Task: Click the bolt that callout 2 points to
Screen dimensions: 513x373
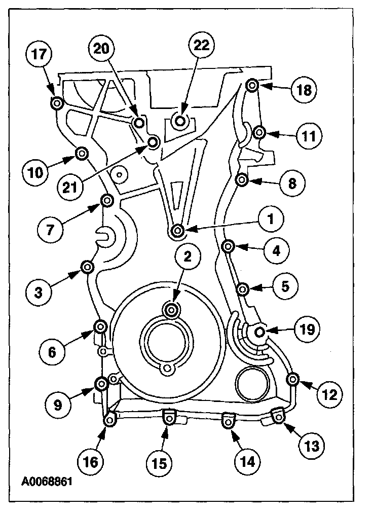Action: point(172,309)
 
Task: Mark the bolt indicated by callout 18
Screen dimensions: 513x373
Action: point(252,85)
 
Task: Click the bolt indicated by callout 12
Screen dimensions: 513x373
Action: point(292,379)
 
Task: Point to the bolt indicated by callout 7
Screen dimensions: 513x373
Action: point(107,201)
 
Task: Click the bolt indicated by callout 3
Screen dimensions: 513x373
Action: point(87,267)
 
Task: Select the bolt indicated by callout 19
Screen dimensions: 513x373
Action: point(259,332)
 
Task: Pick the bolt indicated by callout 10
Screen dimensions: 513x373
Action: point(81,152)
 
